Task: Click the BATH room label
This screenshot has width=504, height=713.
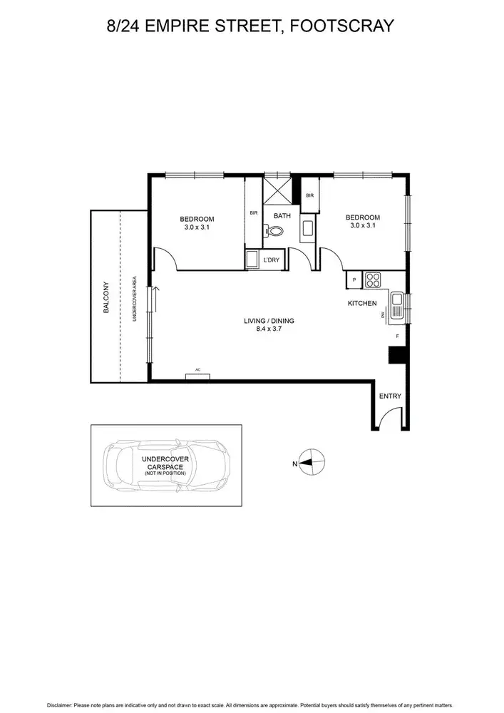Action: tap(282, 216)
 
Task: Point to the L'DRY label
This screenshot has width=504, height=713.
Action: tap(272, 260)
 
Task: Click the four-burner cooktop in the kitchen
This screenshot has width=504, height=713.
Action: tap(374, 280)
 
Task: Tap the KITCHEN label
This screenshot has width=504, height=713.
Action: tap(362, 304)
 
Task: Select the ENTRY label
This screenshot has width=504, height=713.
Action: tap(390, 396)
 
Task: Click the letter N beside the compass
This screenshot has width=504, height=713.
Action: tap(294, 463)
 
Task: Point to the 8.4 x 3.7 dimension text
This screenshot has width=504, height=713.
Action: tap(269, 329)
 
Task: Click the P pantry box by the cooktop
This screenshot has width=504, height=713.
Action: tap(354, 280)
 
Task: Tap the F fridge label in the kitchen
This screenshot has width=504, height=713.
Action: tap(398, 336)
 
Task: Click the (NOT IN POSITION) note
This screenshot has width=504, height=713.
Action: tap(165, 473)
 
